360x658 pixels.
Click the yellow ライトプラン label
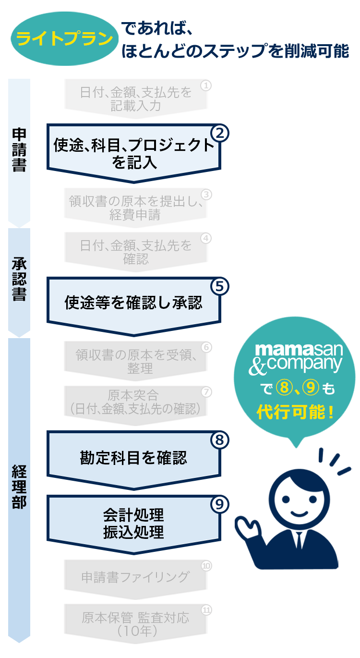click(x=64, y=39)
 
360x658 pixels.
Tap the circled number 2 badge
click(x=219, y=133)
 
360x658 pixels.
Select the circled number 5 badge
click(x=219, y=286)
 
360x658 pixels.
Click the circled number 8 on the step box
click(x=219, y=440)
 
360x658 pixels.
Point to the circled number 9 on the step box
click(x=219, y=504)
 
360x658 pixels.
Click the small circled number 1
click(x=206, y=85)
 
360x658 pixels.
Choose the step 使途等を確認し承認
click(x=133, y=303)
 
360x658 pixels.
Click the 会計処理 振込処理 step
click(x=133, y=524)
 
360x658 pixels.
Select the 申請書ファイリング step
click(x=135, y=577)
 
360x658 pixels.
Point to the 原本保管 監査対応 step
click(x=135, y=623)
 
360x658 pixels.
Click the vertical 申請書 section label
click(x=19, y=150)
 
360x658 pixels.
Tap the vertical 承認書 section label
click(x=19, y=280)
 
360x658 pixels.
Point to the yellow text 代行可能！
click(x=295, y=412)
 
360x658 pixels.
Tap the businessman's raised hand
click(x=248, y=528)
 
